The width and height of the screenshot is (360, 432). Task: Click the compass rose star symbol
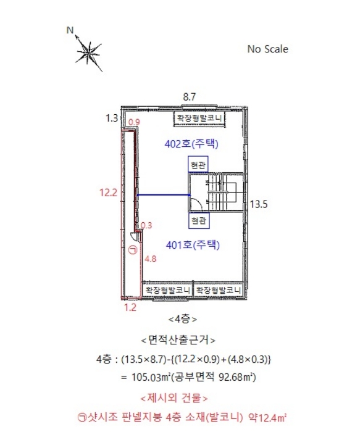(x=89, y=53)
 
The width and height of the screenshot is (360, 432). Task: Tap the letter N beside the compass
(x=70, y=30)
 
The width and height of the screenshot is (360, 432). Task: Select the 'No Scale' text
(x=267, y=49)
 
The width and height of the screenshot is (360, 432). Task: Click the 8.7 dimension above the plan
(x=190, y=97)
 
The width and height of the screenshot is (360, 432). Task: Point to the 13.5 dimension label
(x=259, y=204)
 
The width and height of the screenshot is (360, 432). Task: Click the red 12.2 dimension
(x=108, y=193)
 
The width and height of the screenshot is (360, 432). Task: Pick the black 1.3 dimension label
(x=112, y=118)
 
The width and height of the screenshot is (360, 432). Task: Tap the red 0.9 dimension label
(x=135, y=122)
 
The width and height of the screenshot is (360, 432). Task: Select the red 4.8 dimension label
(x=151, y=259)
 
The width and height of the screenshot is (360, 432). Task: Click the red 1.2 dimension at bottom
(x=130, y=307)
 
